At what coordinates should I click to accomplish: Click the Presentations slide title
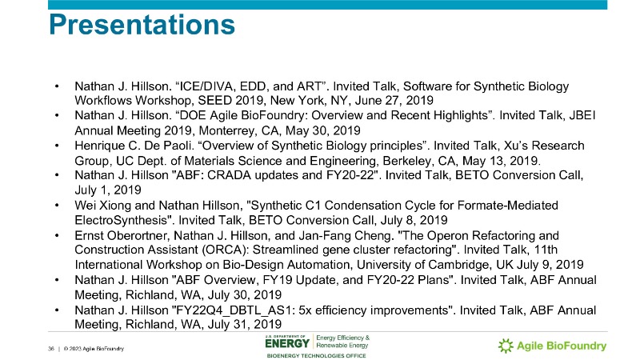click(142, 25)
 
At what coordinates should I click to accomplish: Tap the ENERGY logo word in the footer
click(287, 344)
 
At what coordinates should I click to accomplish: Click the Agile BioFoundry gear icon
click(506, 346)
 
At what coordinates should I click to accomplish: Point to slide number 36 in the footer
click(51, 349)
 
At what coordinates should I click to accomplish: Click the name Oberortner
click(137, 235)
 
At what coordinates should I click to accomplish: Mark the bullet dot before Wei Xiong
click(57, 205)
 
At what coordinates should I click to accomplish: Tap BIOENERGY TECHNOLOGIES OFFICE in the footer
click(316, 356)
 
